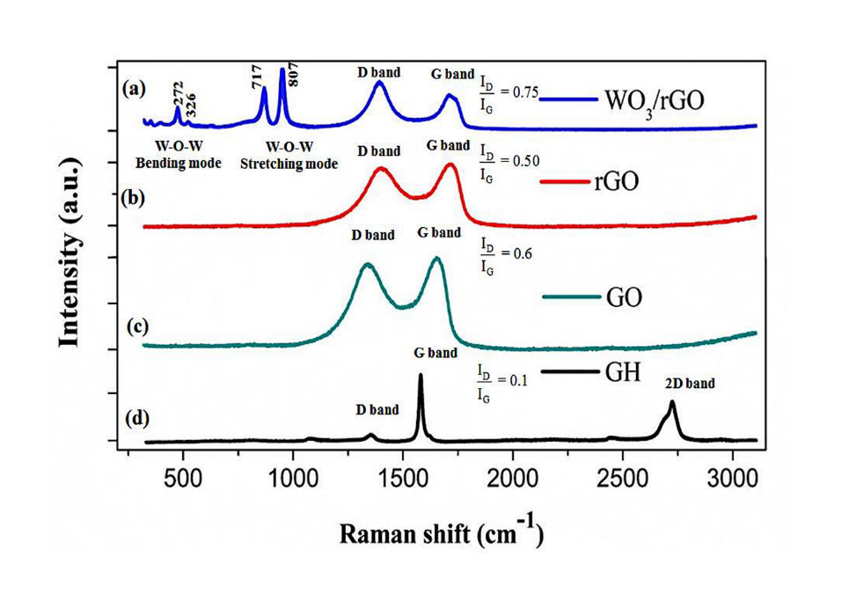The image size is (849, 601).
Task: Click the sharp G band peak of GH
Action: coord(420,377)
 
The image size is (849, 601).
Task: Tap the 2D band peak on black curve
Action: coord(672,404)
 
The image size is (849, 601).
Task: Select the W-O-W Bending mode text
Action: coord(178,155)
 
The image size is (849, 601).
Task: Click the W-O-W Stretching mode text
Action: coord(289,155)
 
